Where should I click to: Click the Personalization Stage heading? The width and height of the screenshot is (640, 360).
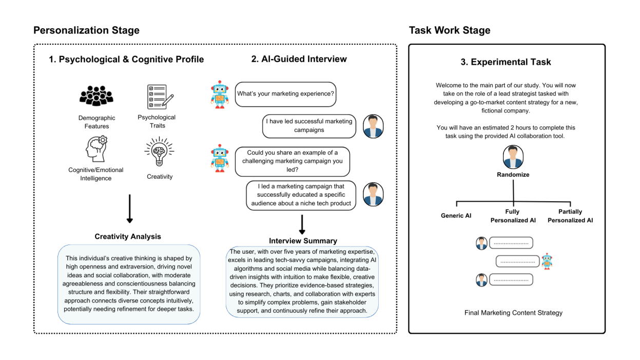click(86, 30)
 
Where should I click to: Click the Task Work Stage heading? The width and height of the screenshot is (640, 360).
click(449, 30)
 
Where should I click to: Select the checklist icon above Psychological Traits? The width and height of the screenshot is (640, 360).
click(160, 97)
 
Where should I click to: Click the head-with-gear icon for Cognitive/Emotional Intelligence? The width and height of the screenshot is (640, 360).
click(95, 148)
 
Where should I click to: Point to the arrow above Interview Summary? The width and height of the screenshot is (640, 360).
click(303, 223)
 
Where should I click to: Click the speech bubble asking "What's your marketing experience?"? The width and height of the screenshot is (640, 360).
click(285, 94)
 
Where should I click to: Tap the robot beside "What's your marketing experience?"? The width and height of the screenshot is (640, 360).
click(220, 94)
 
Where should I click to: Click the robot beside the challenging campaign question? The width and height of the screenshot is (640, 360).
click(220, 158)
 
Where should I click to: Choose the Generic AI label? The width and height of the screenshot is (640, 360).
click(456, 216)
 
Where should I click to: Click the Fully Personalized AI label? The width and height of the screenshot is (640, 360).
click(512, 216)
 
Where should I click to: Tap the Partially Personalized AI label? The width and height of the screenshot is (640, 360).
click(570, 216)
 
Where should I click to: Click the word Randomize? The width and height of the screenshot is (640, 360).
click(513, 175)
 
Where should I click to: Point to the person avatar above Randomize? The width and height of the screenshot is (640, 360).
click(513, 157)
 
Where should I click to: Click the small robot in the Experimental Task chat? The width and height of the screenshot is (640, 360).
click(547, 261)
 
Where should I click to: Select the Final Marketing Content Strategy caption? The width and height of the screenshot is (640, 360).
click(513, 313)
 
